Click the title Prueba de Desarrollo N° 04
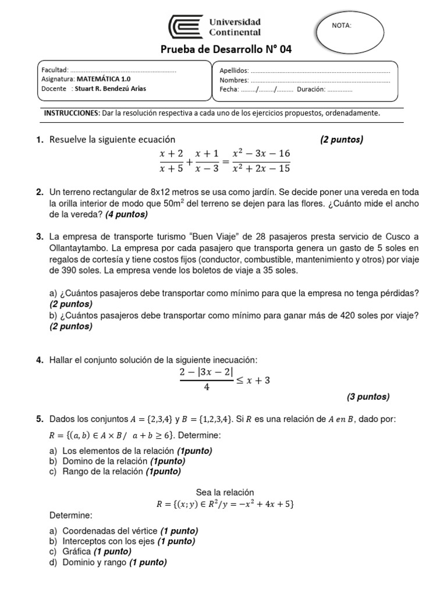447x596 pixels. pyautogui.click(x=226, y=50)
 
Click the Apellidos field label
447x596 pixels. pyautogui.click(x=234, y=70)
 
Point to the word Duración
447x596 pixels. pyautogui.click(x=310, y=90)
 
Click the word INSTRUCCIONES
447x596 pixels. pyautogui.click(x=72, y=113)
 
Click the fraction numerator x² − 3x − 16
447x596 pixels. pyautogui.click(x=261, y=154)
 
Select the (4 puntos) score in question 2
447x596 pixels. pyautogui.click(x=126, y=214)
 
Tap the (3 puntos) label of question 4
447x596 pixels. pyautogui.click(x=368, y=397)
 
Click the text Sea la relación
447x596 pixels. pyautogui.click(x=225, y=492)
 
